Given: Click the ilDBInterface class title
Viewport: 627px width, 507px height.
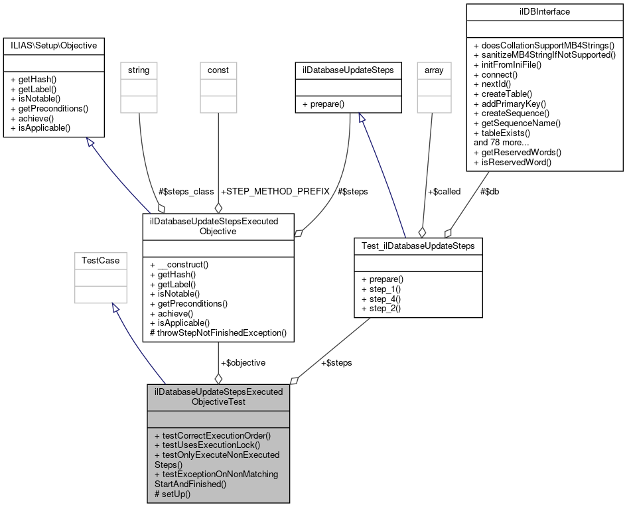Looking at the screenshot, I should pyautogui.click(x=544, y=11).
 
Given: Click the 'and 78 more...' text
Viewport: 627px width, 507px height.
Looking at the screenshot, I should pyautogui.click(x=502, y=142).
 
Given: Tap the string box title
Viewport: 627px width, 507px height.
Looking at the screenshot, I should pyautogui.click(x=139, y=70).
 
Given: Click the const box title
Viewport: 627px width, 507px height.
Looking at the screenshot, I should pyautogui.click(x=218, y=70).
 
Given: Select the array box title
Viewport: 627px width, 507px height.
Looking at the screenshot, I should pyautogui.click(x=434, y=70).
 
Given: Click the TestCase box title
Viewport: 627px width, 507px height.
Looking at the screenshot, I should pyautogui.click(x=100, y=260).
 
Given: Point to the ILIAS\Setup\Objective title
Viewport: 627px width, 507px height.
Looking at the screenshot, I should pyautogui.click(x=54, y=46).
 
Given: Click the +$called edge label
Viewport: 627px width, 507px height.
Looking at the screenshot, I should pyautogui.click(x=444, y=191).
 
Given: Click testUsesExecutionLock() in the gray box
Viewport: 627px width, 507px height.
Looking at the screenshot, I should pyautogui.click(x=207, y=445).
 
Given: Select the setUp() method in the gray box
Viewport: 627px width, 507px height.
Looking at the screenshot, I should pyautogui.click(x=173, y=494).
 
